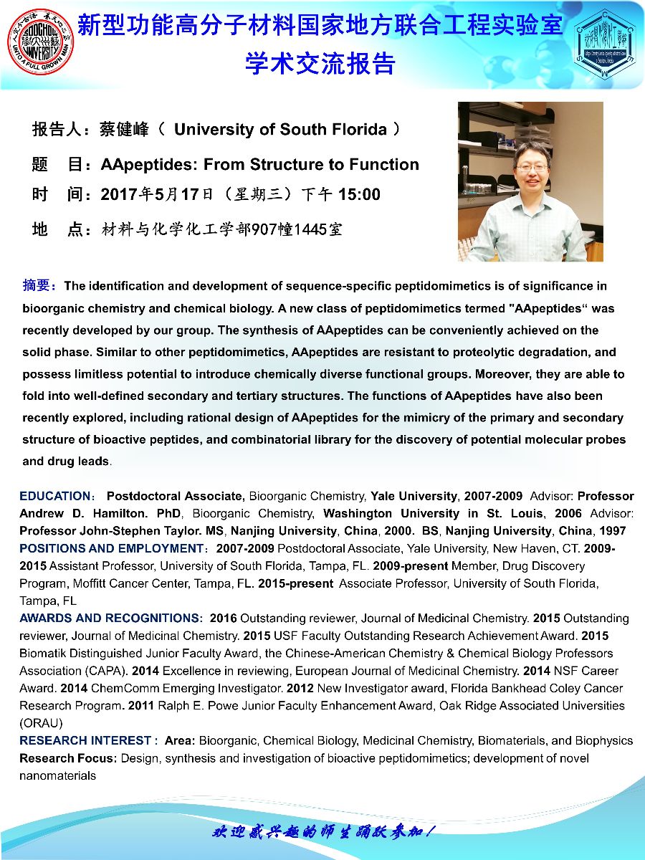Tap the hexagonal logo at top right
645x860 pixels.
click(x=604, y=42)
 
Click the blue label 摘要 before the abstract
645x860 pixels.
click(x=37, y=286)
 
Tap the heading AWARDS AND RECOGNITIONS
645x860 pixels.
click(x=110, y=618)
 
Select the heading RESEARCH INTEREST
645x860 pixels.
click(x=85, y=740)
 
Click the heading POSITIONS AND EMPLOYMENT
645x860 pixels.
click(x=112, y=548)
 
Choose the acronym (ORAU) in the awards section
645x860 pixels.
click(x=41, y=722)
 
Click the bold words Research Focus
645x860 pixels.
click(x=68, y=758)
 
